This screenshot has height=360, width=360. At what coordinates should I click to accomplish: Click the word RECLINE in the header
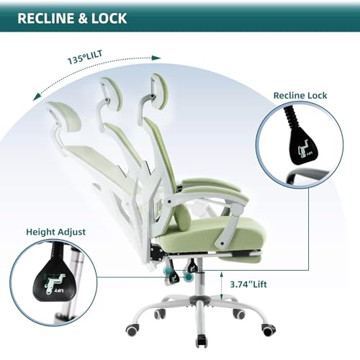tap(46, 18)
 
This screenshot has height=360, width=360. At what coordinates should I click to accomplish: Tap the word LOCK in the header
tap(109, 18)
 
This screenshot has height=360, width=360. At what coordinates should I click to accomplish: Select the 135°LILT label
tap(85, 58)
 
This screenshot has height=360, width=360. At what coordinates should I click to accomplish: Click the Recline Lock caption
tap(300, 96)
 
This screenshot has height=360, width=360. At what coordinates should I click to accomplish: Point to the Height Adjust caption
tap(55, 232)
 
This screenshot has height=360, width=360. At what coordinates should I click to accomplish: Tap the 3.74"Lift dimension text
tap(248, 284)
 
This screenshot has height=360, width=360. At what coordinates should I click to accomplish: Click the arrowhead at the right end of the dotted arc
tap(156, 58)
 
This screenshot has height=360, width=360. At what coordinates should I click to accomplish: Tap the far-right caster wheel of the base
tap(269, 330)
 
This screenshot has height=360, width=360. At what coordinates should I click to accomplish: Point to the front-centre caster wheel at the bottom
tap(201, 340)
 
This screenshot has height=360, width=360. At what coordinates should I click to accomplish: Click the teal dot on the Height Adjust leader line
tap(189, 277)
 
